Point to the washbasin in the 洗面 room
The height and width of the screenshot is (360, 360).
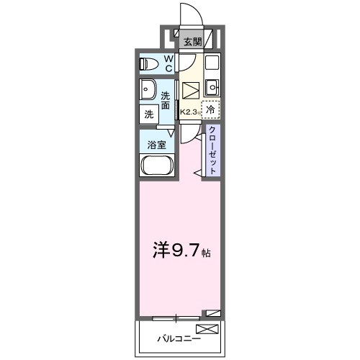pyautogui.click(x=148, y=91)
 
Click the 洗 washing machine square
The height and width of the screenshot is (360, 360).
pyautogui.click(x=149, y=114)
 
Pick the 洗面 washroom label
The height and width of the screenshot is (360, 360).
pyautogui.click(x=166, y=100)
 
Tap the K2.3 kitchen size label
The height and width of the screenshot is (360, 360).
pyautogui.click(x=189, y=112)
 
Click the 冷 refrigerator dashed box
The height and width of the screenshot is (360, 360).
pyautogui.click(x=210, y=110)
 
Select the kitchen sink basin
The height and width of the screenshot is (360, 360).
pyautogui.click(x=212, y=87)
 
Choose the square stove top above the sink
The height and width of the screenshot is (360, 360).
pyautogui.click(x=212, y=63)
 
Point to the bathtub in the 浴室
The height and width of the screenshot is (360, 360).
pyautogui.click(x=156, y=166)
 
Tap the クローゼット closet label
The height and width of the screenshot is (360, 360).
pyautogui.click(x=213, y=148)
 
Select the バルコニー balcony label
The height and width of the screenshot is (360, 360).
pyautogui.click(x=180, y=336)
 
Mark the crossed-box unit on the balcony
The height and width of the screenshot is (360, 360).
pyautogui.click(x=206, y=329)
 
